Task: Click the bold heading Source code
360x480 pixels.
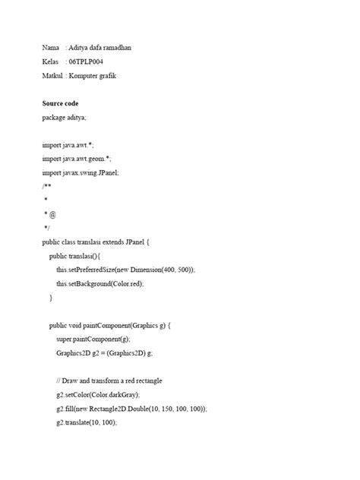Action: click(x=60, y=103)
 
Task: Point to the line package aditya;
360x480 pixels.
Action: click(x=65, y=117)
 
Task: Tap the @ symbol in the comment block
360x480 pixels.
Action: click(x=52, y=214)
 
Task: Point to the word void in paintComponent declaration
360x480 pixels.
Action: click(x=82, y=325)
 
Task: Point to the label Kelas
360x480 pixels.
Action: click(x=51, y=62)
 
